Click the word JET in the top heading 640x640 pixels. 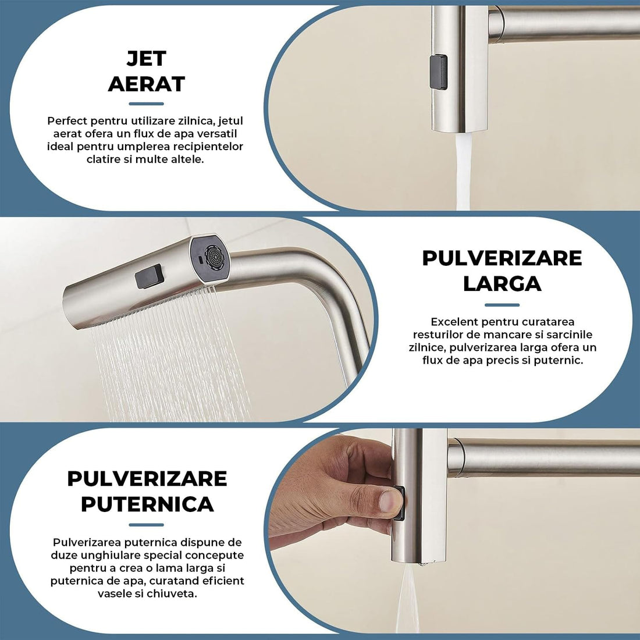tap(146, 58)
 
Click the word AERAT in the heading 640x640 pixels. tap(146, 84)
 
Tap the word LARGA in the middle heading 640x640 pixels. tap(502, 283)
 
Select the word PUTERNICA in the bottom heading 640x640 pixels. tap(147, 504)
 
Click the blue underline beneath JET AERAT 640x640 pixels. tap(146, 104)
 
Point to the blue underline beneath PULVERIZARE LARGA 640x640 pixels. tap(502, 304)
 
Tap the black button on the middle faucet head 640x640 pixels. tap(148, 276)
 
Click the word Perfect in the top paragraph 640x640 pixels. tap(67, 121)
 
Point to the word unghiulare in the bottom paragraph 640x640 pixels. tap(112, 555)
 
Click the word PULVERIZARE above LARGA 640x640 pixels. tap(502, 258)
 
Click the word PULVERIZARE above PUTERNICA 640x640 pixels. tap(147, 478)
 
